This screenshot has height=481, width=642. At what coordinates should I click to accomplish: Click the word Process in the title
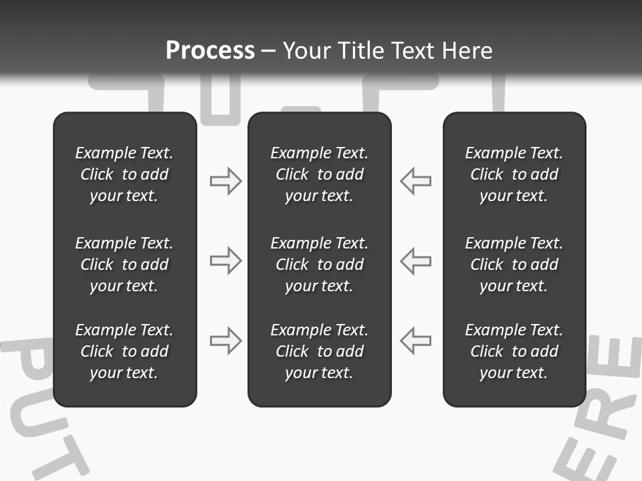click(210, 51)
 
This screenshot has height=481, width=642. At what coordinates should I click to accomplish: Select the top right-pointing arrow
click(226, 181)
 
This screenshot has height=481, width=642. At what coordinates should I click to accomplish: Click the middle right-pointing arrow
click(226, 261)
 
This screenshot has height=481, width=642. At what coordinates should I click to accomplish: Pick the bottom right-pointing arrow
click(226, 341)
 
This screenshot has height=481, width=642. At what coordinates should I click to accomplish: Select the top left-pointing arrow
click(415, 181)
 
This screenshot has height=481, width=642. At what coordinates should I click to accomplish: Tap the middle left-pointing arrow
click(415, 261)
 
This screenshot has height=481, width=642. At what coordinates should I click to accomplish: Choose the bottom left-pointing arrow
click(415, 341)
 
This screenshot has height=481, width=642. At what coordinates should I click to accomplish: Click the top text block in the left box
click(124, 174)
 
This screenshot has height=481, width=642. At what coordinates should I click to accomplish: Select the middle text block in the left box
click(124, 265)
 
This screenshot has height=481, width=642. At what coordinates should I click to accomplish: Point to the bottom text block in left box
click(124, 351)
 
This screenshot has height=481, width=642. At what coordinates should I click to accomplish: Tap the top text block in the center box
click(319, 174)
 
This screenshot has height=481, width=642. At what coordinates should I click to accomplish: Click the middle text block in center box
click(319, 265)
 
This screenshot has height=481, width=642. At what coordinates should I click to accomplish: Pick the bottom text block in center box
click(319, 351)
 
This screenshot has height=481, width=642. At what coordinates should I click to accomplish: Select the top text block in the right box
click(514, 174)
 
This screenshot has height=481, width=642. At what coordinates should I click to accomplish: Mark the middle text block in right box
click(514, 265)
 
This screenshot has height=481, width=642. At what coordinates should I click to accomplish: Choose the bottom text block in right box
click(514, 351)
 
